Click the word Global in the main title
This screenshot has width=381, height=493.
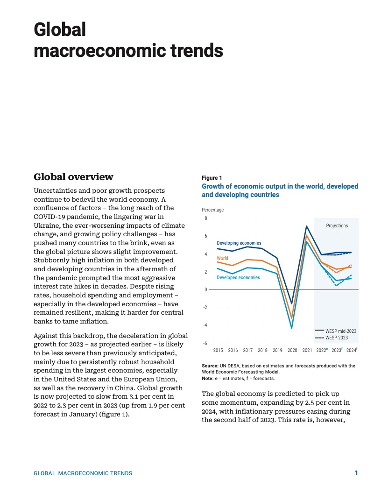60,30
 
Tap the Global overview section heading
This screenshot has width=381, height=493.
73,177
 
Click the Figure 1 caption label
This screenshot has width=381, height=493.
212,178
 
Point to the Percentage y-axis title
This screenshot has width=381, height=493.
212,210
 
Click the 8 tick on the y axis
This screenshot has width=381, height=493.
205,218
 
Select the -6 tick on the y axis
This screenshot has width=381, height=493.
205,343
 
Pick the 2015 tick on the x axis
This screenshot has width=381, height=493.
218,350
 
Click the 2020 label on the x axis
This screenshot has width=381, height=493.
292,350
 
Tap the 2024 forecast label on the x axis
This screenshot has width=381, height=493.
352,350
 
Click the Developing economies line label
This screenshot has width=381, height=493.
239,243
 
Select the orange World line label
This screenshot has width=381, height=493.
223,258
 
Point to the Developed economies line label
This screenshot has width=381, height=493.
238,278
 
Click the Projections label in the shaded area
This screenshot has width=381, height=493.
337,225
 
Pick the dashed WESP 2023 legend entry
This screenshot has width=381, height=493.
336,338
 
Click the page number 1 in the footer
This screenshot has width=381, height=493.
356,473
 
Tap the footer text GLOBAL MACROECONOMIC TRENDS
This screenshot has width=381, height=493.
83,473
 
